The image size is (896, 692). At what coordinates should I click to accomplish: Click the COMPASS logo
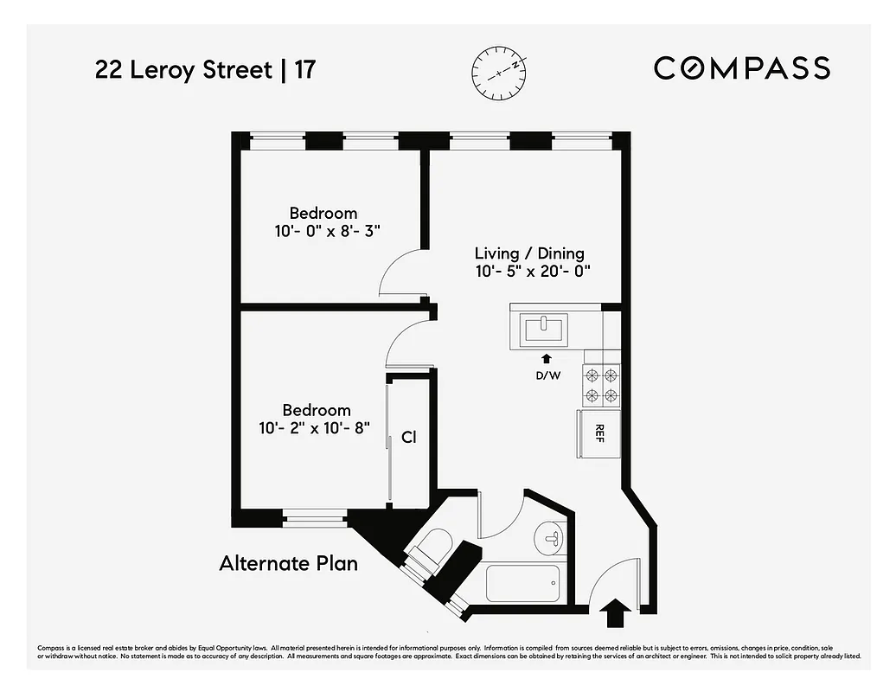pyautogui.click(x=741, y=67)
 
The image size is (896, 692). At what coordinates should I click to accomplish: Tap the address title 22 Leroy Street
pyautogui.click(x=182, y=70)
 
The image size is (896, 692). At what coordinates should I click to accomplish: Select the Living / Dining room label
pyautogui.click(x=529, y=253)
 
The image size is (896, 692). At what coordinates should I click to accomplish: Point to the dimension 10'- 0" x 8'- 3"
pyautogui.click(x=323, y=231)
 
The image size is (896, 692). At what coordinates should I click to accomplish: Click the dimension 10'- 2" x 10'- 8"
pyautogui.click(x=317, y=427)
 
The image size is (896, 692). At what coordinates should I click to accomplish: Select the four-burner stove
pyautogui.click(x=602, y=385)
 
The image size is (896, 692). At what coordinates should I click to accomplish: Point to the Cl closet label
pyautogui.click(x=409, y=438)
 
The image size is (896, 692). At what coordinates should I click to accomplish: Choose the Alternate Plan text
pyautogui.click(x=288, y=564)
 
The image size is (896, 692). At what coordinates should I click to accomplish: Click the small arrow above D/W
pyautogui.click(x=546, y=358)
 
